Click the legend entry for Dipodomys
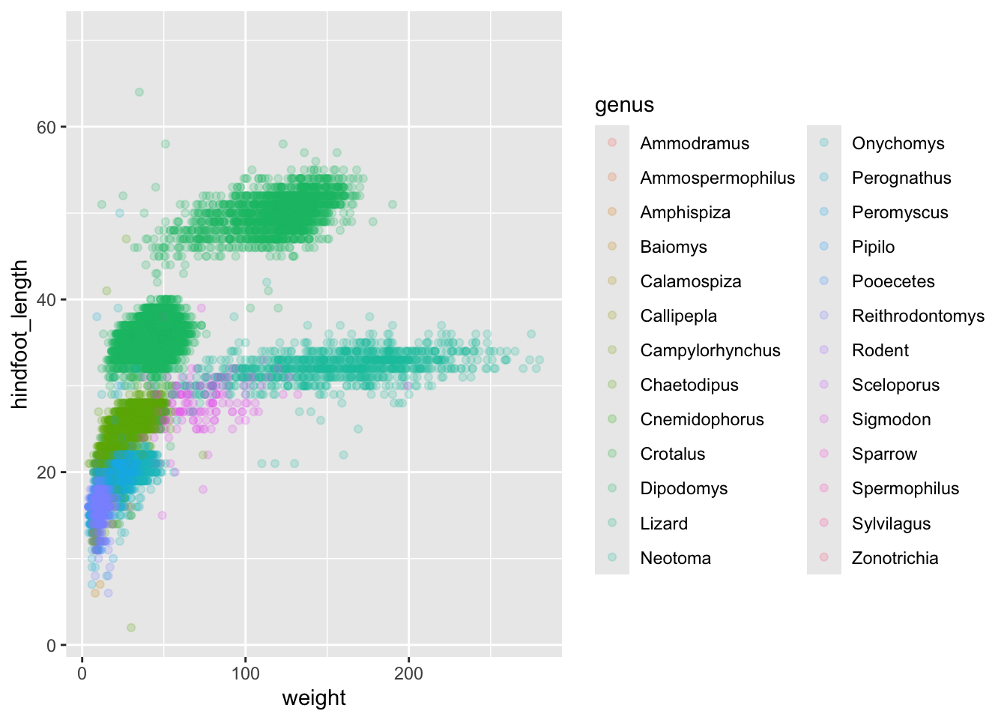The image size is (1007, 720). tap(683, 488)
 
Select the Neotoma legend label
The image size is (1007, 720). tap(675, 558)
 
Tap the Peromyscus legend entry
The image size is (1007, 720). tap(899, 212)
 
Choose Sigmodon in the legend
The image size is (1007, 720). tap(891, 419)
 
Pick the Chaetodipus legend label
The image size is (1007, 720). tap(689, 385)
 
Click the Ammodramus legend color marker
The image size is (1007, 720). tap(612, 142)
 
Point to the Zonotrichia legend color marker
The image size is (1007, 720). tap(824, 557)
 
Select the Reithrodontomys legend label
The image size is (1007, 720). tap(918, 316)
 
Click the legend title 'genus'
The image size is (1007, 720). tap(624, 105)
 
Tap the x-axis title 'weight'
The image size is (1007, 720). tap(314, 698)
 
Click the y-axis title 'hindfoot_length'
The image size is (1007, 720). tap(20, 334)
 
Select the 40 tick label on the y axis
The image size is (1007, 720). tap(46, 300)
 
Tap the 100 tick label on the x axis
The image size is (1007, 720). tap(245, 673)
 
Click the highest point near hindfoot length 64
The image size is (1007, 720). tap(139, 92)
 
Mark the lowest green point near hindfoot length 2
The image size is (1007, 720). tap(131, 628)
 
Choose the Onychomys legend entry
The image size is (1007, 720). tap(898, 143)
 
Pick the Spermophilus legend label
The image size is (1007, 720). tap(905, 488)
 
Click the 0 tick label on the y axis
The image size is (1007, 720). tap(51, 646)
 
